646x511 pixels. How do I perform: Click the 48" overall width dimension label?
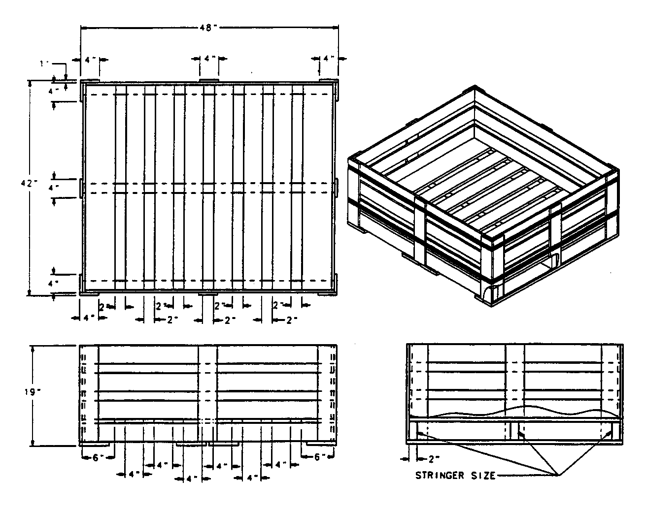click(209, 28)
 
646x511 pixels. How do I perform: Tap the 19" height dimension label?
click(31, 392)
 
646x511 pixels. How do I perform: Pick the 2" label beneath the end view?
click(434, 459)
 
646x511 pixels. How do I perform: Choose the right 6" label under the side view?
click(320, 457)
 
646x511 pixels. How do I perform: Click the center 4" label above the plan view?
click(209, 59)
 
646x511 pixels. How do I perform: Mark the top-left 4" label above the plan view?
click(90, 59)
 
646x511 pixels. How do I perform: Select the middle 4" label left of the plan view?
click(54, 187)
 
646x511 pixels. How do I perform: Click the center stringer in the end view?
click(515, 430)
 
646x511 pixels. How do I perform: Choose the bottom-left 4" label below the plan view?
click(89, 319)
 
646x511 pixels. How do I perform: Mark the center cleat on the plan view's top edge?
click(209, 81)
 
